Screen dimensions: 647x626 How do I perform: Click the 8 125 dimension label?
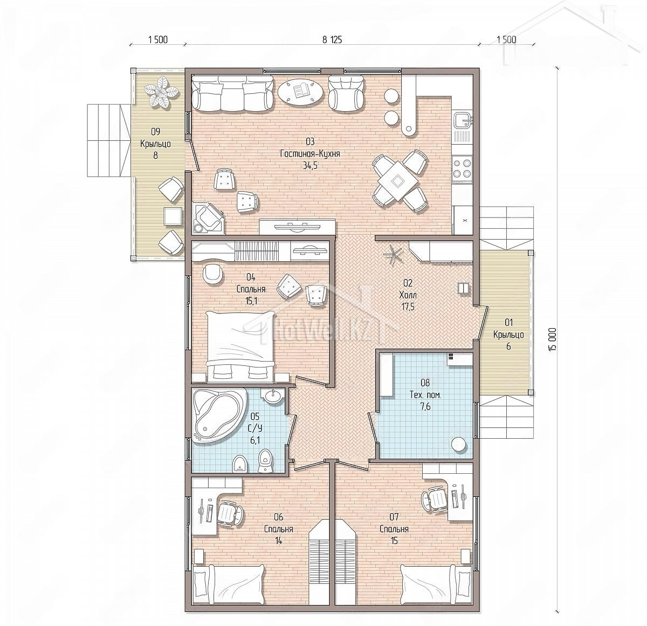pyautogui.click(x=332, y=40)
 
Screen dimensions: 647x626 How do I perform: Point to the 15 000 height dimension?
pyautogui.click(x=552, y=339)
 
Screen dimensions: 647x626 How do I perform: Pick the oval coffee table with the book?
pyautogui.click(x=300, y=91)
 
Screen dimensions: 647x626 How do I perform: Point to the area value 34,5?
pyautogui.click(x=310, y=165)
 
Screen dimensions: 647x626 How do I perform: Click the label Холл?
pyautogui.click(x=408, y=295)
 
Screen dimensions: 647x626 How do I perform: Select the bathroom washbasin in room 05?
pyautogui.click(x=274, y=396)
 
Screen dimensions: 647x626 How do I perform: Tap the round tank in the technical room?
pyautogui.click(x=460, y=445)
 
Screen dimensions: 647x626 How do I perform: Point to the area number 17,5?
pyautogui.click(x=408, y=307)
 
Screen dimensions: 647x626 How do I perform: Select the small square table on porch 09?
pyautogui.click(x=173, y=216)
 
